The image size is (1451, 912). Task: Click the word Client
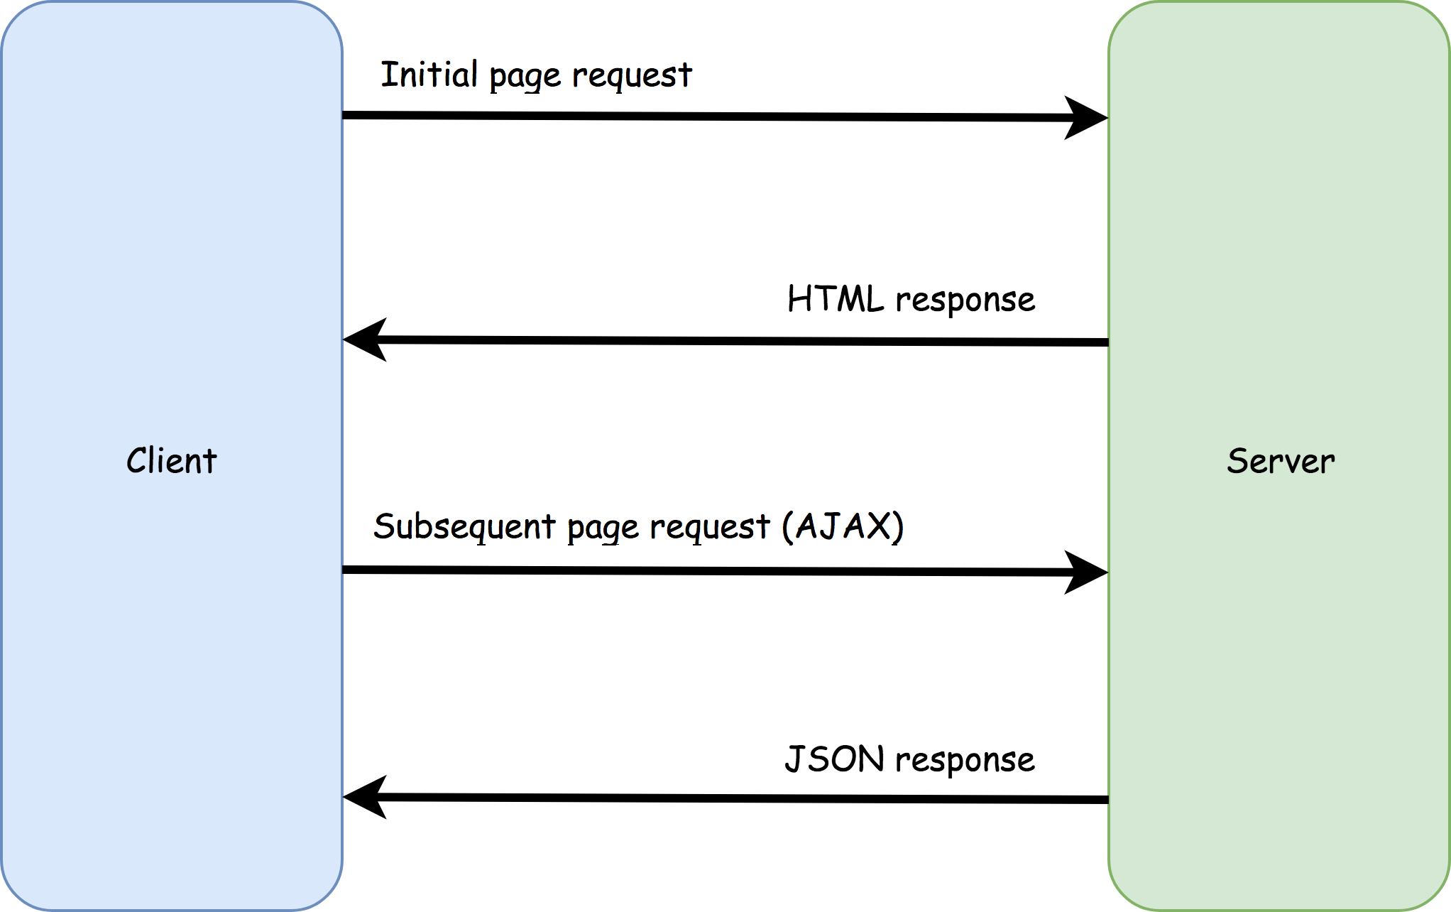point(171,461)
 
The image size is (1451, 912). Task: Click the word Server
point(1281,461)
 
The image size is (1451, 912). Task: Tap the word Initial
point(429,74)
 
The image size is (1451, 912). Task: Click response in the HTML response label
point(965,300)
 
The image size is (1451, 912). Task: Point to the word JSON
point(834,759)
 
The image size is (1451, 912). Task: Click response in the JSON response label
point(965,761)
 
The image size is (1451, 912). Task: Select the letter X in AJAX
point(879,526)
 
